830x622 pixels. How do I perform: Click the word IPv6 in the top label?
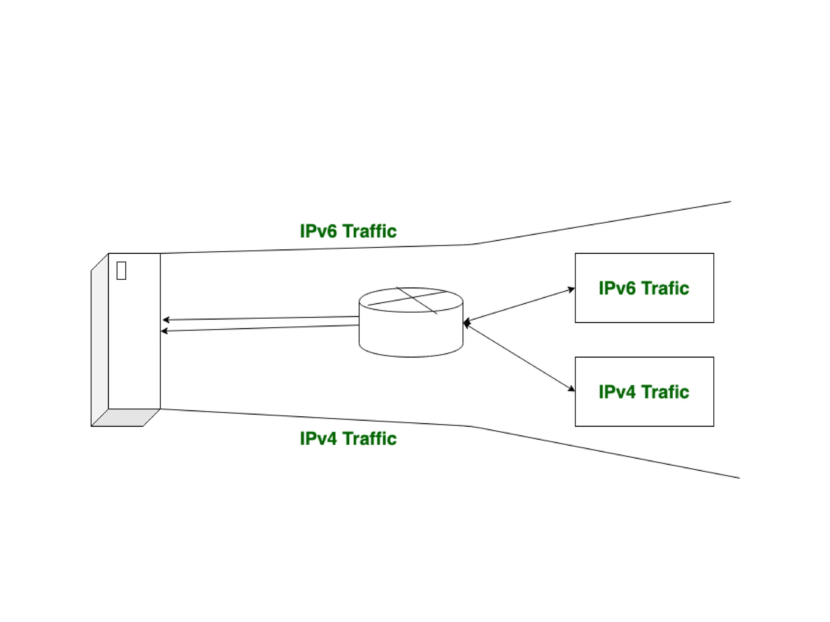pyautogui.click(x=318, y=231)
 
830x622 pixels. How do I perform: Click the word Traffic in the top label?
pyautogui.click(x=370, y=231)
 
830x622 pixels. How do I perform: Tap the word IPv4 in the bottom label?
pyautogui.click(x=318, y=439)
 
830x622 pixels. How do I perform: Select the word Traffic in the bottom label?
pyautogui.click(x=370, y=439)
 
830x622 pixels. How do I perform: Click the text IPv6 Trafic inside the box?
pyautogui.click(x=644, y=288)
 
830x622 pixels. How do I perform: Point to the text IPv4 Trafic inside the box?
pyautogui.click(x=644, y=392)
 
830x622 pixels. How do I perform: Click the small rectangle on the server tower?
pyautogui.click(x=121, y=271)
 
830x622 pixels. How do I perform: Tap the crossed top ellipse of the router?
pyautogui.click(x=411, y=300)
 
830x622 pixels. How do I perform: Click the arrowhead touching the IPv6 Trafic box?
pyautogui.click(x=571, y=290)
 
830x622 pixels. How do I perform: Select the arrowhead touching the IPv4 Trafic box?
pyautogui.click(x=571, y=389)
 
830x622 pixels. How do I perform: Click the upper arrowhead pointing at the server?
pyautogui.click(x=166, y=320)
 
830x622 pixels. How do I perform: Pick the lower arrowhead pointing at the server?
pyautogui.click(x=164, y=331)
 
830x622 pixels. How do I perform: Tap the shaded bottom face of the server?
pyautogui.click(x=126, y=418)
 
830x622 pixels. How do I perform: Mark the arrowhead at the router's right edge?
pyautogui.click(x=466, y=323)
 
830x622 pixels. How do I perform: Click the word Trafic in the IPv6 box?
pyautogui.click(x=665, y=288)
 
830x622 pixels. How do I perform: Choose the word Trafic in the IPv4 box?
pyautogui.click(x=665, y=392)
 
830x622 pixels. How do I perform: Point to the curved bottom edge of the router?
pyautogui.click(x=411, y=356)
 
